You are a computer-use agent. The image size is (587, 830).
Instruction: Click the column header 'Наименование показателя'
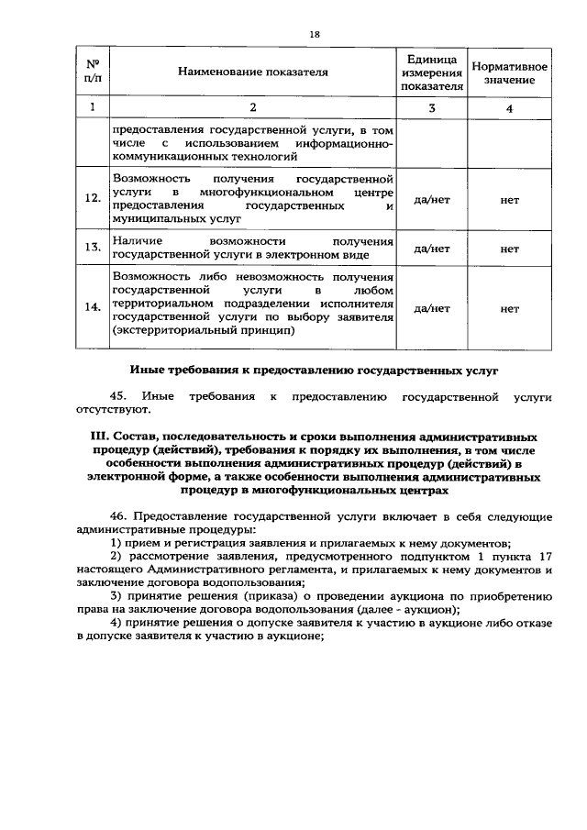point(252,71)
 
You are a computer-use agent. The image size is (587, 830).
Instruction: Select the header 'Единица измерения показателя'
point(432,71)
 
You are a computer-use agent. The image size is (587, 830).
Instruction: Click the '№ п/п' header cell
point(92,71)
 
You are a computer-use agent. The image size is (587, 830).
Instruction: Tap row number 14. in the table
point(92,308)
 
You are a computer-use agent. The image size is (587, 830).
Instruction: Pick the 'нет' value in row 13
point(510,248)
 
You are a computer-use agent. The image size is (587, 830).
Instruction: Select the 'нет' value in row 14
point(510,308)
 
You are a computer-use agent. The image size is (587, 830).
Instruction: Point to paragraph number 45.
point(119,397)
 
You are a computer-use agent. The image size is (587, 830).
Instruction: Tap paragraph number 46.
point(119,518)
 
